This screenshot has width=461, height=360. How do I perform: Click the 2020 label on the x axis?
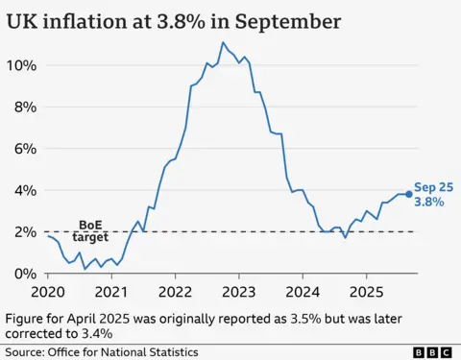pos(48,291)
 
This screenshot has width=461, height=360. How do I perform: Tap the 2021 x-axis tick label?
pos(111,291)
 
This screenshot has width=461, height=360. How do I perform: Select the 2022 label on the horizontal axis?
pos(175,291)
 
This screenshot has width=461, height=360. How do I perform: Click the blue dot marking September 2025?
pos(409,194)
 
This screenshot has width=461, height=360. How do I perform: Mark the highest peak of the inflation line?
pos(223,42)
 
